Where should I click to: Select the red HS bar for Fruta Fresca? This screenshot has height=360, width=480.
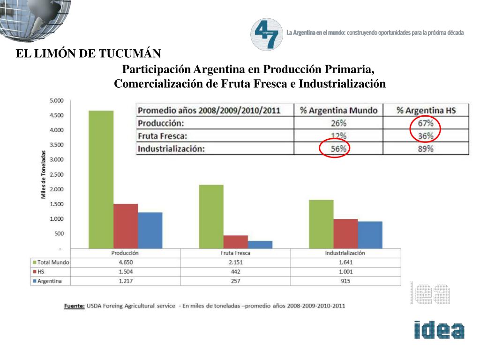[235, 241]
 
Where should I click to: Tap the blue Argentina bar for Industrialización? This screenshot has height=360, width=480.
[370, 234]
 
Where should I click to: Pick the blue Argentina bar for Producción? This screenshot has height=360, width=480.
[150, 230]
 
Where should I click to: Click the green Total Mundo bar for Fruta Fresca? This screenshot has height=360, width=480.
[211, 216]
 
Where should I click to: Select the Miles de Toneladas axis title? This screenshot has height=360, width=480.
[43, 174]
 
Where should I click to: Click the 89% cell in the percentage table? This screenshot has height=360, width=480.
[426, 149]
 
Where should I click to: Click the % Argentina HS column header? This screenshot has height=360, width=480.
[426, 111]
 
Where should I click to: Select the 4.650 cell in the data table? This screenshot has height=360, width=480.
[125, 262]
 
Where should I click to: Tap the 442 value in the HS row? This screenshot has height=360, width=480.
[235, 272]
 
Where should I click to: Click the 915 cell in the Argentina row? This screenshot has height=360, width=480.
[345, 281]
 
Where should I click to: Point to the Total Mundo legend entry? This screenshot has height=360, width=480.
[51, 262]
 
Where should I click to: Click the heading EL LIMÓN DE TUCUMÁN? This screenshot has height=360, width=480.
[89, 54]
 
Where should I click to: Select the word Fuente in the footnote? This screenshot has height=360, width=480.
[74, 306]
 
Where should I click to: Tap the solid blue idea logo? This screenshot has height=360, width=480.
[439, 330]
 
